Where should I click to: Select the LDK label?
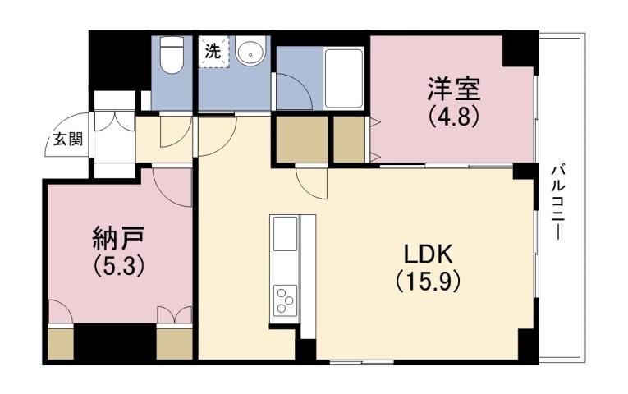pyautogui.click(x=427, y=254)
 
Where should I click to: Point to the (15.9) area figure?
pyautogui.click(x=427, y=282)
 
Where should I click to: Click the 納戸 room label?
pyautogui.click(x=119, y=239)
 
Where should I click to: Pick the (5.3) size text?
pyautogui.click(x=119, y=266)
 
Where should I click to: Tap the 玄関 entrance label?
pyautogui.click(x=68, y=139)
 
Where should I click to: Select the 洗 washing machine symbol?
pyautogui.click(x=213, y=51)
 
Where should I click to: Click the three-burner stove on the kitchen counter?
pyautogui.click(x=286, y=299)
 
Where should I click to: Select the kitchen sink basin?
pyautogui.click(x=286, y=236)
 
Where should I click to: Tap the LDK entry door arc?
pyautogui.click(x=310, y=182)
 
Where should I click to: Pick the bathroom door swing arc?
pyautogui.click(x=294, y=93)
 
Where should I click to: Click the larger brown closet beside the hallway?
pyautogui.click(x=300, y=139)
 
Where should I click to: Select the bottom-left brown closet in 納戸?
pyautogui.click(x=60, y=342)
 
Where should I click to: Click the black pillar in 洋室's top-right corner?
pyautogui.click(x=519, y=51)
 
